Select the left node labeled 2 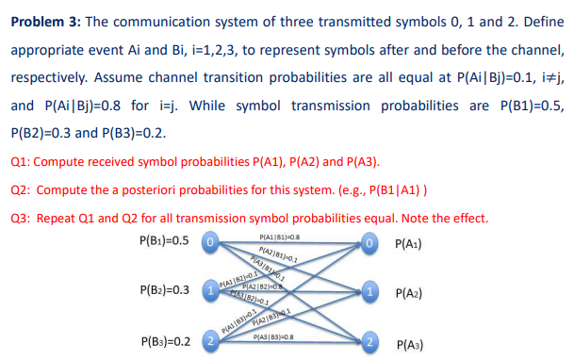[x=213, y=341]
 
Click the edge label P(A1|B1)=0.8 [x=279, y=237]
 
